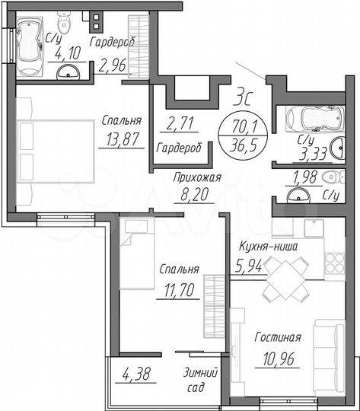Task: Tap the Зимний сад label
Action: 202,379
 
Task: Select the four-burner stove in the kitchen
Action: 334,262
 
